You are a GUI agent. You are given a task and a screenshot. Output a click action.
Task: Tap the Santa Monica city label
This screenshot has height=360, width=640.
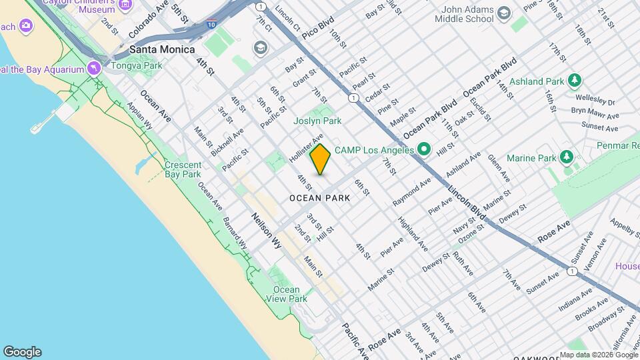click(x=162, y=49)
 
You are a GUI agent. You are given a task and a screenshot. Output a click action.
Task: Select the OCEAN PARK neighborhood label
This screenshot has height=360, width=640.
click(x=319, y=198)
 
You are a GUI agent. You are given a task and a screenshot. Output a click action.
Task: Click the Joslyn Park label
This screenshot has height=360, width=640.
click(x=317, y=121)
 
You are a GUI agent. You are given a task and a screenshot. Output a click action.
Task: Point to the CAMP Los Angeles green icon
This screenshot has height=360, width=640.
click(x=423, y=149)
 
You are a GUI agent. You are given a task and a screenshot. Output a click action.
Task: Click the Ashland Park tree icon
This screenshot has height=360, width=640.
click(x=575, y=81)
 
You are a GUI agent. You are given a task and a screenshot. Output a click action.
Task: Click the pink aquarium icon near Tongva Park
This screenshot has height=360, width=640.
click(x=94, y=69)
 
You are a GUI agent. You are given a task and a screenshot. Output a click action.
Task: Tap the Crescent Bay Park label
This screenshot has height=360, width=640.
click(x=183, y=169)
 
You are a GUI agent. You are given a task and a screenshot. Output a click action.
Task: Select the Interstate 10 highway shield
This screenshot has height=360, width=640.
click(x=211, y=24)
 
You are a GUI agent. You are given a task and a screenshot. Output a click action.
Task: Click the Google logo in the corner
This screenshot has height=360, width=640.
click(x=22, y=352)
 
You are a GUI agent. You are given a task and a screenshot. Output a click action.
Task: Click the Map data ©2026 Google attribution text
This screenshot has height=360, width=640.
click(x=598, y=355)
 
